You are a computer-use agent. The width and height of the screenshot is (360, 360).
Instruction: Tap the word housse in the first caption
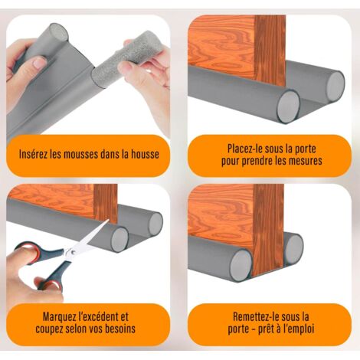pyautogui.click(x=142, y=154)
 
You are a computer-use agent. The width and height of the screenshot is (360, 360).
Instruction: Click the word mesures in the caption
pyautogui.click(x=299, y=161)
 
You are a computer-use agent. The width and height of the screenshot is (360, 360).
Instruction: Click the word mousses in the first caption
pyautogui.click(x=89, y=154)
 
